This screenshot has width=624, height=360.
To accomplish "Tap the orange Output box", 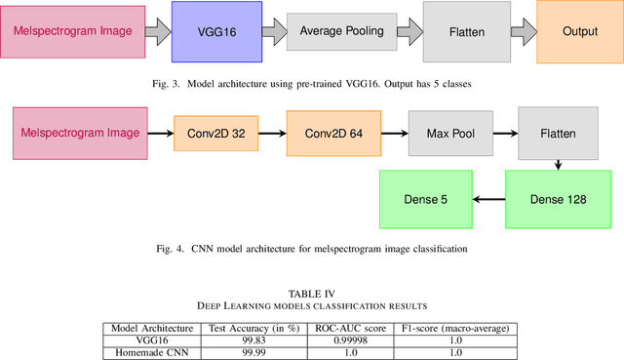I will (579, 32).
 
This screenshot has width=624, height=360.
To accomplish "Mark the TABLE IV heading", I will (312, 292).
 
